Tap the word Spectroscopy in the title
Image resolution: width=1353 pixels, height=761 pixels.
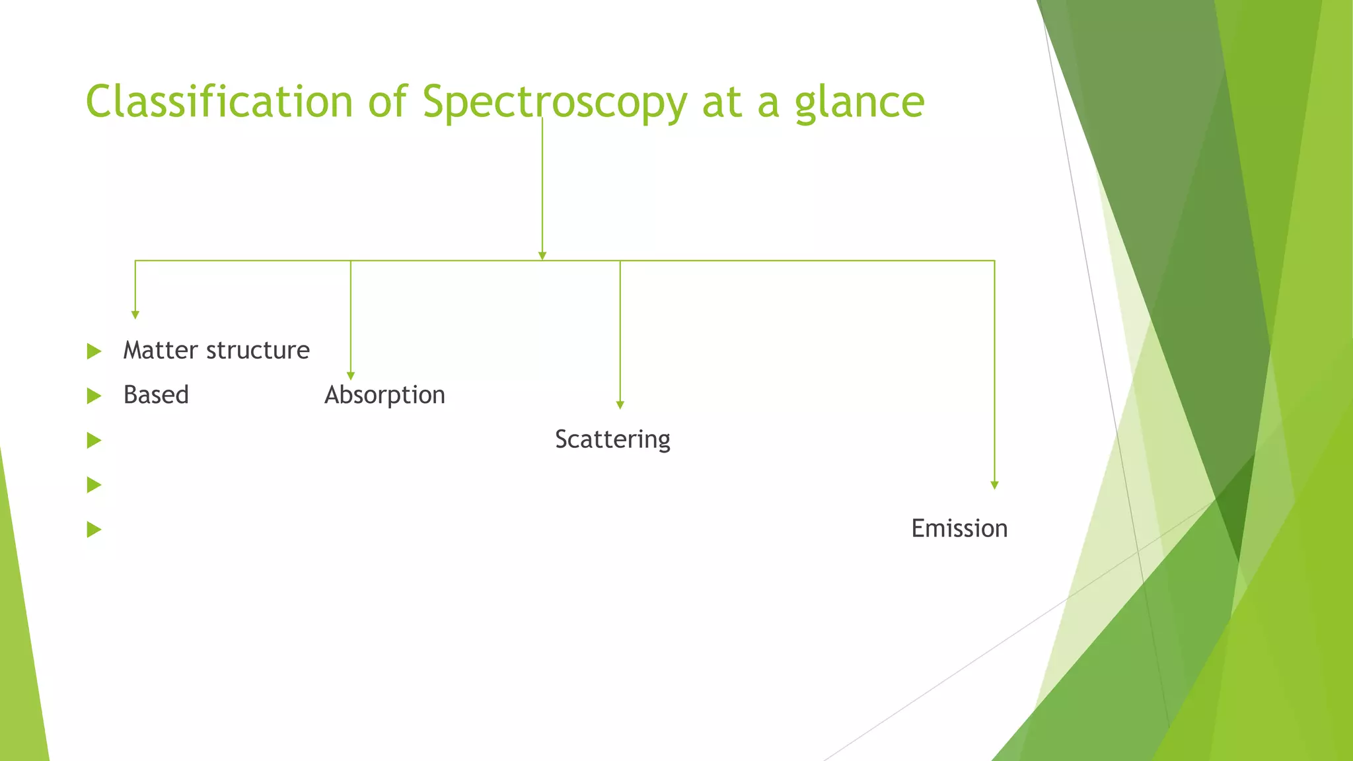pyautogui.click(x=554, y=103)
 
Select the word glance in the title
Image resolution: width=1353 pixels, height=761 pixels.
pyautogui.click(x=859, y=103)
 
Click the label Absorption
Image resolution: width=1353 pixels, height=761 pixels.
pyautogui.click(x=384, y=395)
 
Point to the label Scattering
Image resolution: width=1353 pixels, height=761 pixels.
pyautogui.click(x=612, y=439)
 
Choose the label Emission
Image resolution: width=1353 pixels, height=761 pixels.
pyautogui.click(x=959, y=528)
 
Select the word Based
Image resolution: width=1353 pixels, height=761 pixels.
pyautogui.click(x=156, y=395)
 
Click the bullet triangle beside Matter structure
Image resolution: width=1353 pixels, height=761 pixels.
pyautogui.click(x=94, y=351)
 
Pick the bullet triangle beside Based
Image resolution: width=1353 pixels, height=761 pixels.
pyautogui.click(x=94, y=396)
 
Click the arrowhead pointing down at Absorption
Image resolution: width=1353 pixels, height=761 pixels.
pyautogui.click(x=351, y=376)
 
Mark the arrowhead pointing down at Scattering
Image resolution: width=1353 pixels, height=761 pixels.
pyautogui.click(x=620, y=405)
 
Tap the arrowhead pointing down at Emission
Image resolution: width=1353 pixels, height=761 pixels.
pyautogui.click(x=994, y=485)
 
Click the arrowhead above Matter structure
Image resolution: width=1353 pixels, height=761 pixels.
pyautogui.click(x=135, y=314)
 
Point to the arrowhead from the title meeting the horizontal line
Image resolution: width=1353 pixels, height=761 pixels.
pyautogui.click(x=542, y=256)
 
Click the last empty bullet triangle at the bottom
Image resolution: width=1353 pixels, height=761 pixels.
pyautogui.click(x=94, y=530)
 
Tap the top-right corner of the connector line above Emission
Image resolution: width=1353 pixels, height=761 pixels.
pyautogui.click(x=994, y=261)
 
